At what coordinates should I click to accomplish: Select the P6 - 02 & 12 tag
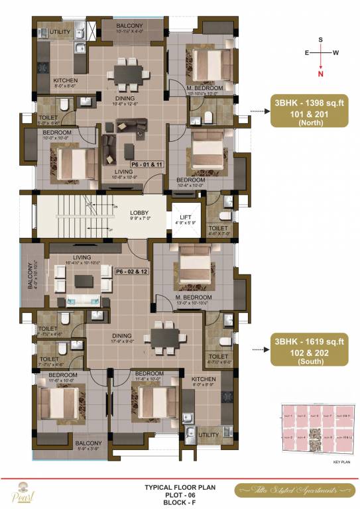click(x=131, y=271)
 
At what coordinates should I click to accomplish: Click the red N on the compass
click(x=320, y=74)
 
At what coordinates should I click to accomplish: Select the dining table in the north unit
click(x=125, y=72)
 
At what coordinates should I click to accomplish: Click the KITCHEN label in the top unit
click(x=66, y=79)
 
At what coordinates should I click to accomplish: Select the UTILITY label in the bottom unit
click(x=208, y=435)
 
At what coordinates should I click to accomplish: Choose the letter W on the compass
click(x=336, y=52)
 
